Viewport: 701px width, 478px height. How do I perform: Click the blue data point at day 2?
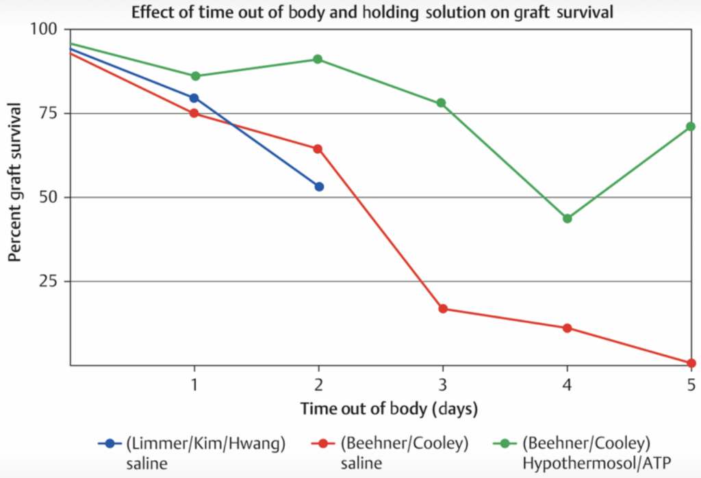pyautogui.click(x=319, y=187)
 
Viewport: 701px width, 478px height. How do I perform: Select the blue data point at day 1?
pyautogui.click(x=194, y=98)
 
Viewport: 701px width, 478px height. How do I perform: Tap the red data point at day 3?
pyautogui.click(x=443, y=308)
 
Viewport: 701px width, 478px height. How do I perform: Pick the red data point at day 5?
pyautogui.click(x=691, y=362)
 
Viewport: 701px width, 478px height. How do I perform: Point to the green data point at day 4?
pyautogui.click(x=568, y=218)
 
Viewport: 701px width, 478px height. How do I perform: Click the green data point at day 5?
pyautogui.click(x=691, y=127)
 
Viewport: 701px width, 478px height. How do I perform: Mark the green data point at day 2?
pyautogui.click(x=318, y=59)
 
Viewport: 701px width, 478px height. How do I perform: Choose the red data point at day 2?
pyautogui.click(x=318, y=148)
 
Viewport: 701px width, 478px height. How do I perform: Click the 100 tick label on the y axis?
pyautogui.click(x=46, y=29)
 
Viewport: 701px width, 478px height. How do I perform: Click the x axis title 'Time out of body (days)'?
pyautogui.click(x=388, y=409)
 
